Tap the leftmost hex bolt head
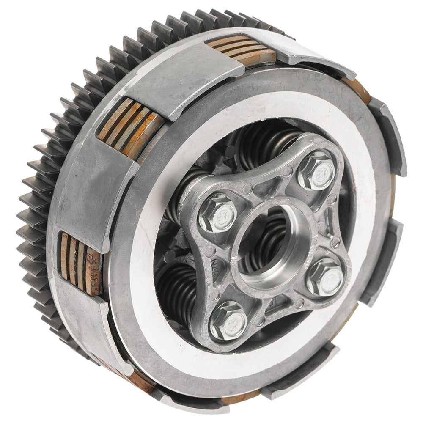[218, 214]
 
